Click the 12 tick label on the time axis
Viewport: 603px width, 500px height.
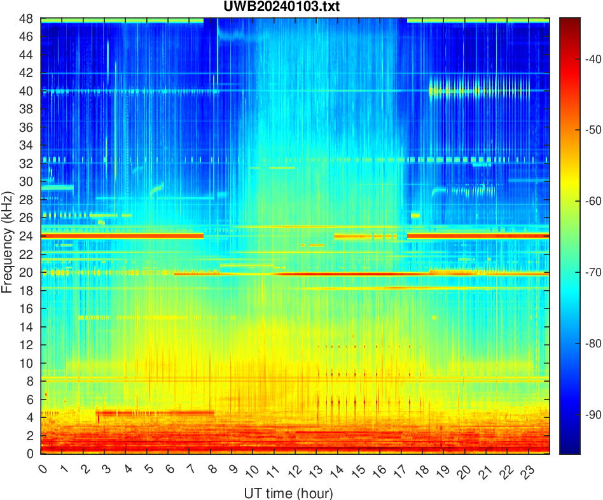coord(293,471)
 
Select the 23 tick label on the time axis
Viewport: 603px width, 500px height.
coord(526,471)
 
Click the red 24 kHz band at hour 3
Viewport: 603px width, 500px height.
coord(105,236)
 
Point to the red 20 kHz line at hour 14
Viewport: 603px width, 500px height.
coord(338,274)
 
